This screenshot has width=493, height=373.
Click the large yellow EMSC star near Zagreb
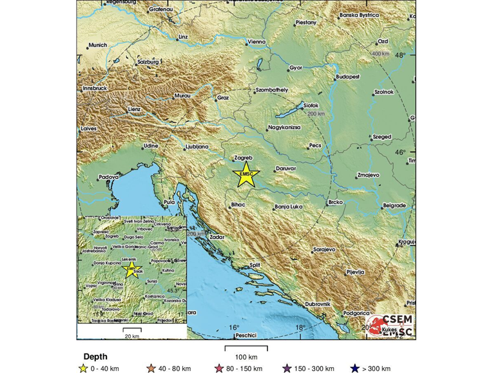pos(246,174)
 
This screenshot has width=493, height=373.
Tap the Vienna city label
pos(256,43)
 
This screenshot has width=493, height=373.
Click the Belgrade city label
pos(394,206)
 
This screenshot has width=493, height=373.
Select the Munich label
pos(97,45)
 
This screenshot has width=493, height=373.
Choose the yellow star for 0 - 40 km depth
pos(82,368)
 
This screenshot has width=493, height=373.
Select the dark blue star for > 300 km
pos(353,368)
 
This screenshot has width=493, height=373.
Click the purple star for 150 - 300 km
pos(286,368)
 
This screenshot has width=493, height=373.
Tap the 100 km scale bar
pos(246,349)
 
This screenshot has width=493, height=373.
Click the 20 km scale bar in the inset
pos(132,330)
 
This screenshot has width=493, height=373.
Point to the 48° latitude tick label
pos(400,55)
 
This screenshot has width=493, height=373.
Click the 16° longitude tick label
pos(233,328)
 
